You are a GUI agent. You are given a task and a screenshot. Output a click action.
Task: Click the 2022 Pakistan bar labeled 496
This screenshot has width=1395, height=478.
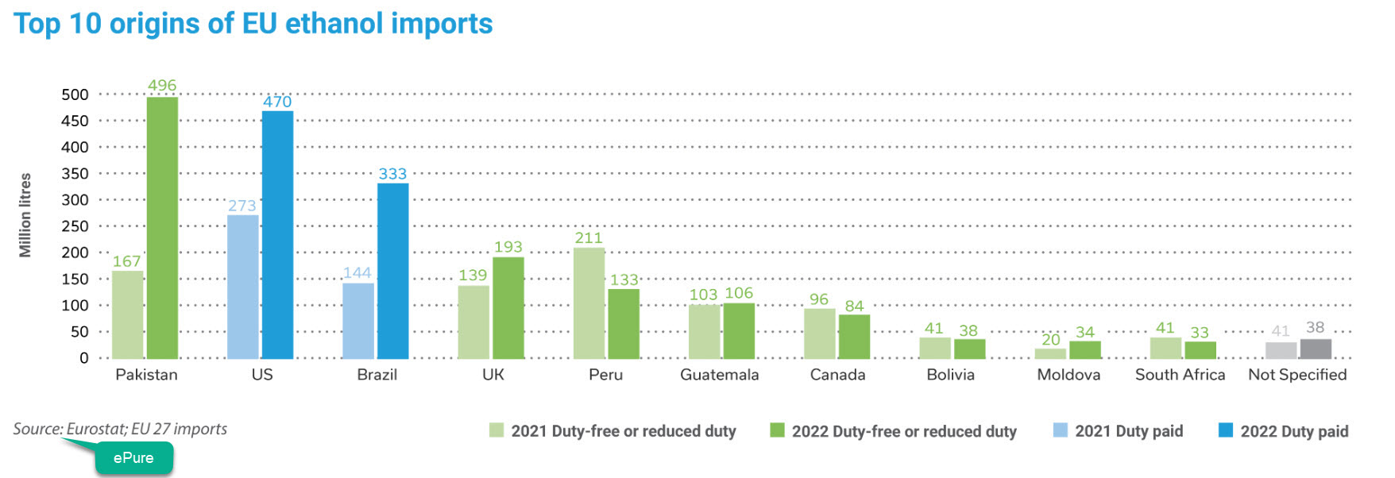pyautogui.click(x=162, y=227)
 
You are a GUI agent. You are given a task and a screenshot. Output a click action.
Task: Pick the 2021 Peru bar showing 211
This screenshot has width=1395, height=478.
pyautogui.click(x=589, y=303)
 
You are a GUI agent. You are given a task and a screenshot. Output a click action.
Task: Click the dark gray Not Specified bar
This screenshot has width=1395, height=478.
pyautogui.click(x=1315, y=349)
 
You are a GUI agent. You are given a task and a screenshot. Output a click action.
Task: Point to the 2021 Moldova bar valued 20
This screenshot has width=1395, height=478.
pyautogui.click(x=1050, y=353)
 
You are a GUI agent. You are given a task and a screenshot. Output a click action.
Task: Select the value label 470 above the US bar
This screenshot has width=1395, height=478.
pyautogui.click(x=277, y=102)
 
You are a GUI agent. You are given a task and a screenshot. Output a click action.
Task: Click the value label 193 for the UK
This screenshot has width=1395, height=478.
pyautogui.click(x=508, y=247)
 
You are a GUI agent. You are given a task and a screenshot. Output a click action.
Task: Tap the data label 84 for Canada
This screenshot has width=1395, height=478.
pyautogui.click(x=854, y=306)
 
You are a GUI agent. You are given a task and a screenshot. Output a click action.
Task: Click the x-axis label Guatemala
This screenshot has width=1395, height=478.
pyautogui.click(x=719, y=375)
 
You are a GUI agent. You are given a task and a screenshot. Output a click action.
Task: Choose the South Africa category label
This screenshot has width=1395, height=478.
pyautogui.click(x=1180, y=375)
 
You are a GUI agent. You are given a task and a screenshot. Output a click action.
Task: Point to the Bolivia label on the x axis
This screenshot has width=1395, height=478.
pyautogui.click(x=950, y=375)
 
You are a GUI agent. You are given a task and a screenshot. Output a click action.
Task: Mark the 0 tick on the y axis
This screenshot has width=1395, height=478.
pyautogui.click(x=83, y=358)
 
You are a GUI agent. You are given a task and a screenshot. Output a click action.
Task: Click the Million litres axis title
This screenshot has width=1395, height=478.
pyautogui.click(x=25, y=215)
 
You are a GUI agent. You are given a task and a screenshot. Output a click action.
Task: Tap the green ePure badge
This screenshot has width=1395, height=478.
pyautogui.click(x=133, y=458)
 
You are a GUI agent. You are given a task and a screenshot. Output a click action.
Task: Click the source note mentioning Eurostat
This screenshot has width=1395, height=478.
pyautogui.click(x=120, y=429)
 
